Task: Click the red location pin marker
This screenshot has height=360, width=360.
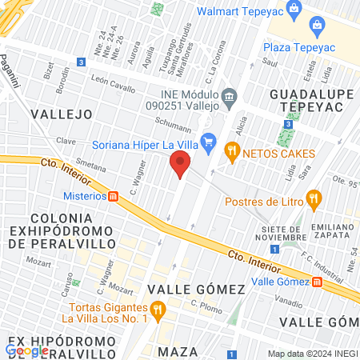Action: [x=180, y=166]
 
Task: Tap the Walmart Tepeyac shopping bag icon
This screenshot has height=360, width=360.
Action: [x=294, y=10]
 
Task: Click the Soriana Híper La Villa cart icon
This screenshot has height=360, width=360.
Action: [x=209, y=144]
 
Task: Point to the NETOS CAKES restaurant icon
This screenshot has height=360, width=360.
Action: [x=233, y=149]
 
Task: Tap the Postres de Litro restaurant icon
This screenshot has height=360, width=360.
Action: [x=314, y=198]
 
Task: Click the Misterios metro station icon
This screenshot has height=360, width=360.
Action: [x=114, y=195]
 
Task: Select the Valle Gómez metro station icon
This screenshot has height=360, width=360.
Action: [x=318, y=281]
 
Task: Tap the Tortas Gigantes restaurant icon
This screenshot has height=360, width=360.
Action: [x=158, y=308]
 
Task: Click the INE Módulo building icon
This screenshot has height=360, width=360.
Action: [x=230, y=98]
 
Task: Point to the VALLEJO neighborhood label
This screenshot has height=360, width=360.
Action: [x=62, y=114]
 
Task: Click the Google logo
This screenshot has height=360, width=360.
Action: [x=26, y=350]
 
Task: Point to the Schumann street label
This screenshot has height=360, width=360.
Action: [x=173, y=127]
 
